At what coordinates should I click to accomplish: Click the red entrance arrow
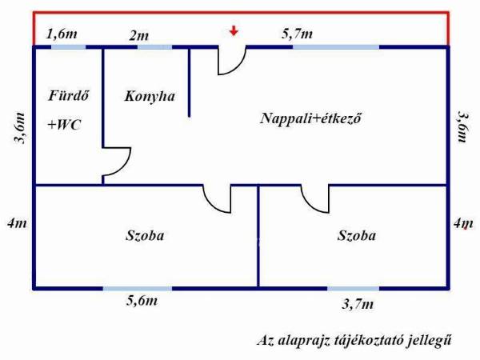point(234,30)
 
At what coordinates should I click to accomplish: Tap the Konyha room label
point(150,97)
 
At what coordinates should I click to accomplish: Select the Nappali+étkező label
point(310,118)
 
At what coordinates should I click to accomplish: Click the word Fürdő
point(69,95)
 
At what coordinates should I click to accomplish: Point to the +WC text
point(64,125)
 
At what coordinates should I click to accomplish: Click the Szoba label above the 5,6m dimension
point(145,235)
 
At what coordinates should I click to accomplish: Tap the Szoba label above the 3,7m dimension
point(357,235)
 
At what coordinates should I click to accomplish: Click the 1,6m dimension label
point(62,34)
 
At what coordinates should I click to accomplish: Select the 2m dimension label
point(138,36)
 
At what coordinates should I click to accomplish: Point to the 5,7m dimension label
point(297,34)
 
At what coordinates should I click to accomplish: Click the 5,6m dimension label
point(142,301)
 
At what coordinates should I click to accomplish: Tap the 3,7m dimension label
point(358,304)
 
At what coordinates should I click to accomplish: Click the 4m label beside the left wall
point(17,223)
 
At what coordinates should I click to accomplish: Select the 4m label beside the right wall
point(463,223)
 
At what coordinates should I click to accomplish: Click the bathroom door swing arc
point(126,166)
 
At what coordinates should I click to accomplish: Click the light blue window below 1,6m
point(68,47)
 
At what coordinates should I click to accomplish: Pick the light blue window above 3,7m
point(354,288)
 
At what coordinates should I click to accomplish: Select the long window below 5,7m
point(336,47)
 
